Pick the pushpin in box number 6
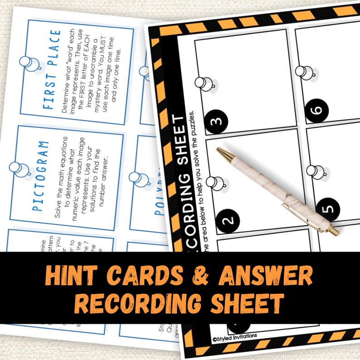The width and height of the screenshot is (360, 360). pos(305,72)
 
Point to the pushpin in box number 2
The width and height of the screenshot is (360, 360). pos(216,183)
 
